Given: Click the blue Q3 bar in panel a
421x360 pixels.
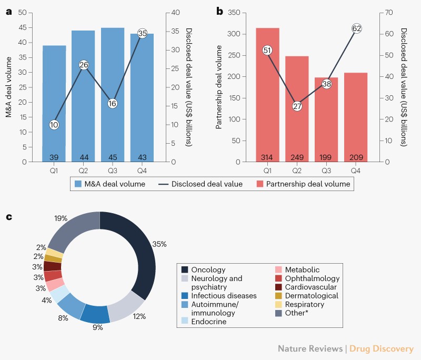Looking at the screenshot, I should (113, 95).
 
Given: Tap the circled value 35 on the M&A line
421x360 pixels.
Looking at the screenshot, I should (142, 33).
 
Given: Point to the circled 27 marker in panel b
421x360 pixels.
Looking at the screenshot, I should (297, 106).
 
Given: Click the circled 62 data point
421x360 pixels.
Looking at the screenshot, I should (356, 28).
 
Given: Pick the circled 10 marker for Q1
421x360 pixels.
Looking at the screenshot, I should (54, 125).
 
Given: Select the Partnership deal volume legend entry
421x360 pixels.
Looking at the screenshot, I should (303, 184).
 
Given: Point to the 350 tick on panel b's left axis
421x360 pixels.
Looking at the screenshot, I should (235, 12).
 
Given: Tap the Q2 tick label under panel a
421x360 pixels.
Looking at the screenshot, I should (84, 171).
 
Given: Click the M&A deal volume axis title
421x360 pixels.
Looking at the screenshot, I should (9, 87).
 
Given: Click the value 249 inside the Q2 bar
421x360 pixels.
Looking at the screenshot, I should (297, 157).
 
